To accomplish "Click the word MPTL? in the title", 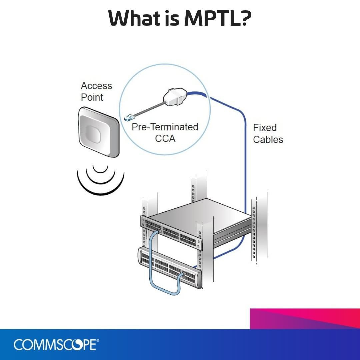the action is [x=218, y=18].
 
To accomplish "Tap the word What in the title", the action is [x=135, y=18].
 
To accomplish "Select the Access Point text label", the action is [x=96, y=91].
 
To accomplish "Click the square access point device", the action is [x=99, y=132].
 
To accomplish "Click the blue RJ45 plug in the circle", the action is [x=129, y=118].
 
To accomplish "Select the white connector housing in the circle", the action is [x=174, y=97].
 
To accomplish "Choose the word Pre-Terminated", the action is [x=165, y=127].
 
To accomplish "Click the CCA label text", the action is [x=165, y=138].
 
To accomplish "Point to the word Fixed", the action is [x=265, y=128].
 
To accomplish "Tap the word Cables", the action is [x=268, y=140].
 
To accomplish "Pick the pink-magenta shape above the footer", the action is [x=305, y=319].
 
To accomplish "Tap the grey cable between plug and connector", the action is [x=149, y=110].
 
